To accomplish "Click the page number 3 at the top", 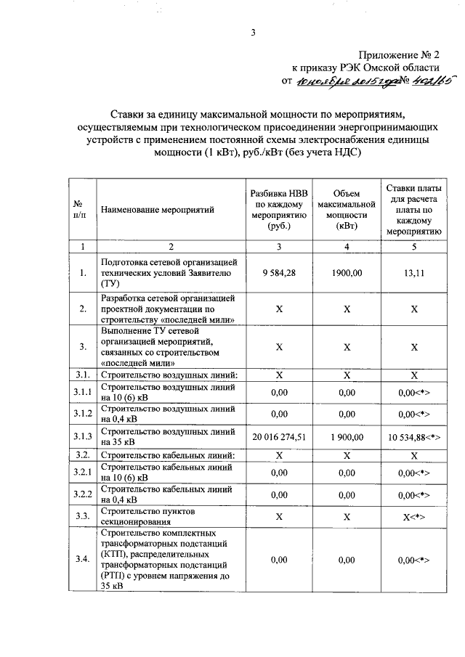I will coord(253,33).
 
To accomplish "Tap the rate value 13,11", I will coord(414,273).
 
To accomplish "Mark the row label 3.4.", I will coord(83,560).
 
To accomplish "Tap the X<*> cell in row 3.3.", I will coord(414,516).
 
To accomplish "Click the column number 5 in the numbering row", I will coord(414,247).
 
